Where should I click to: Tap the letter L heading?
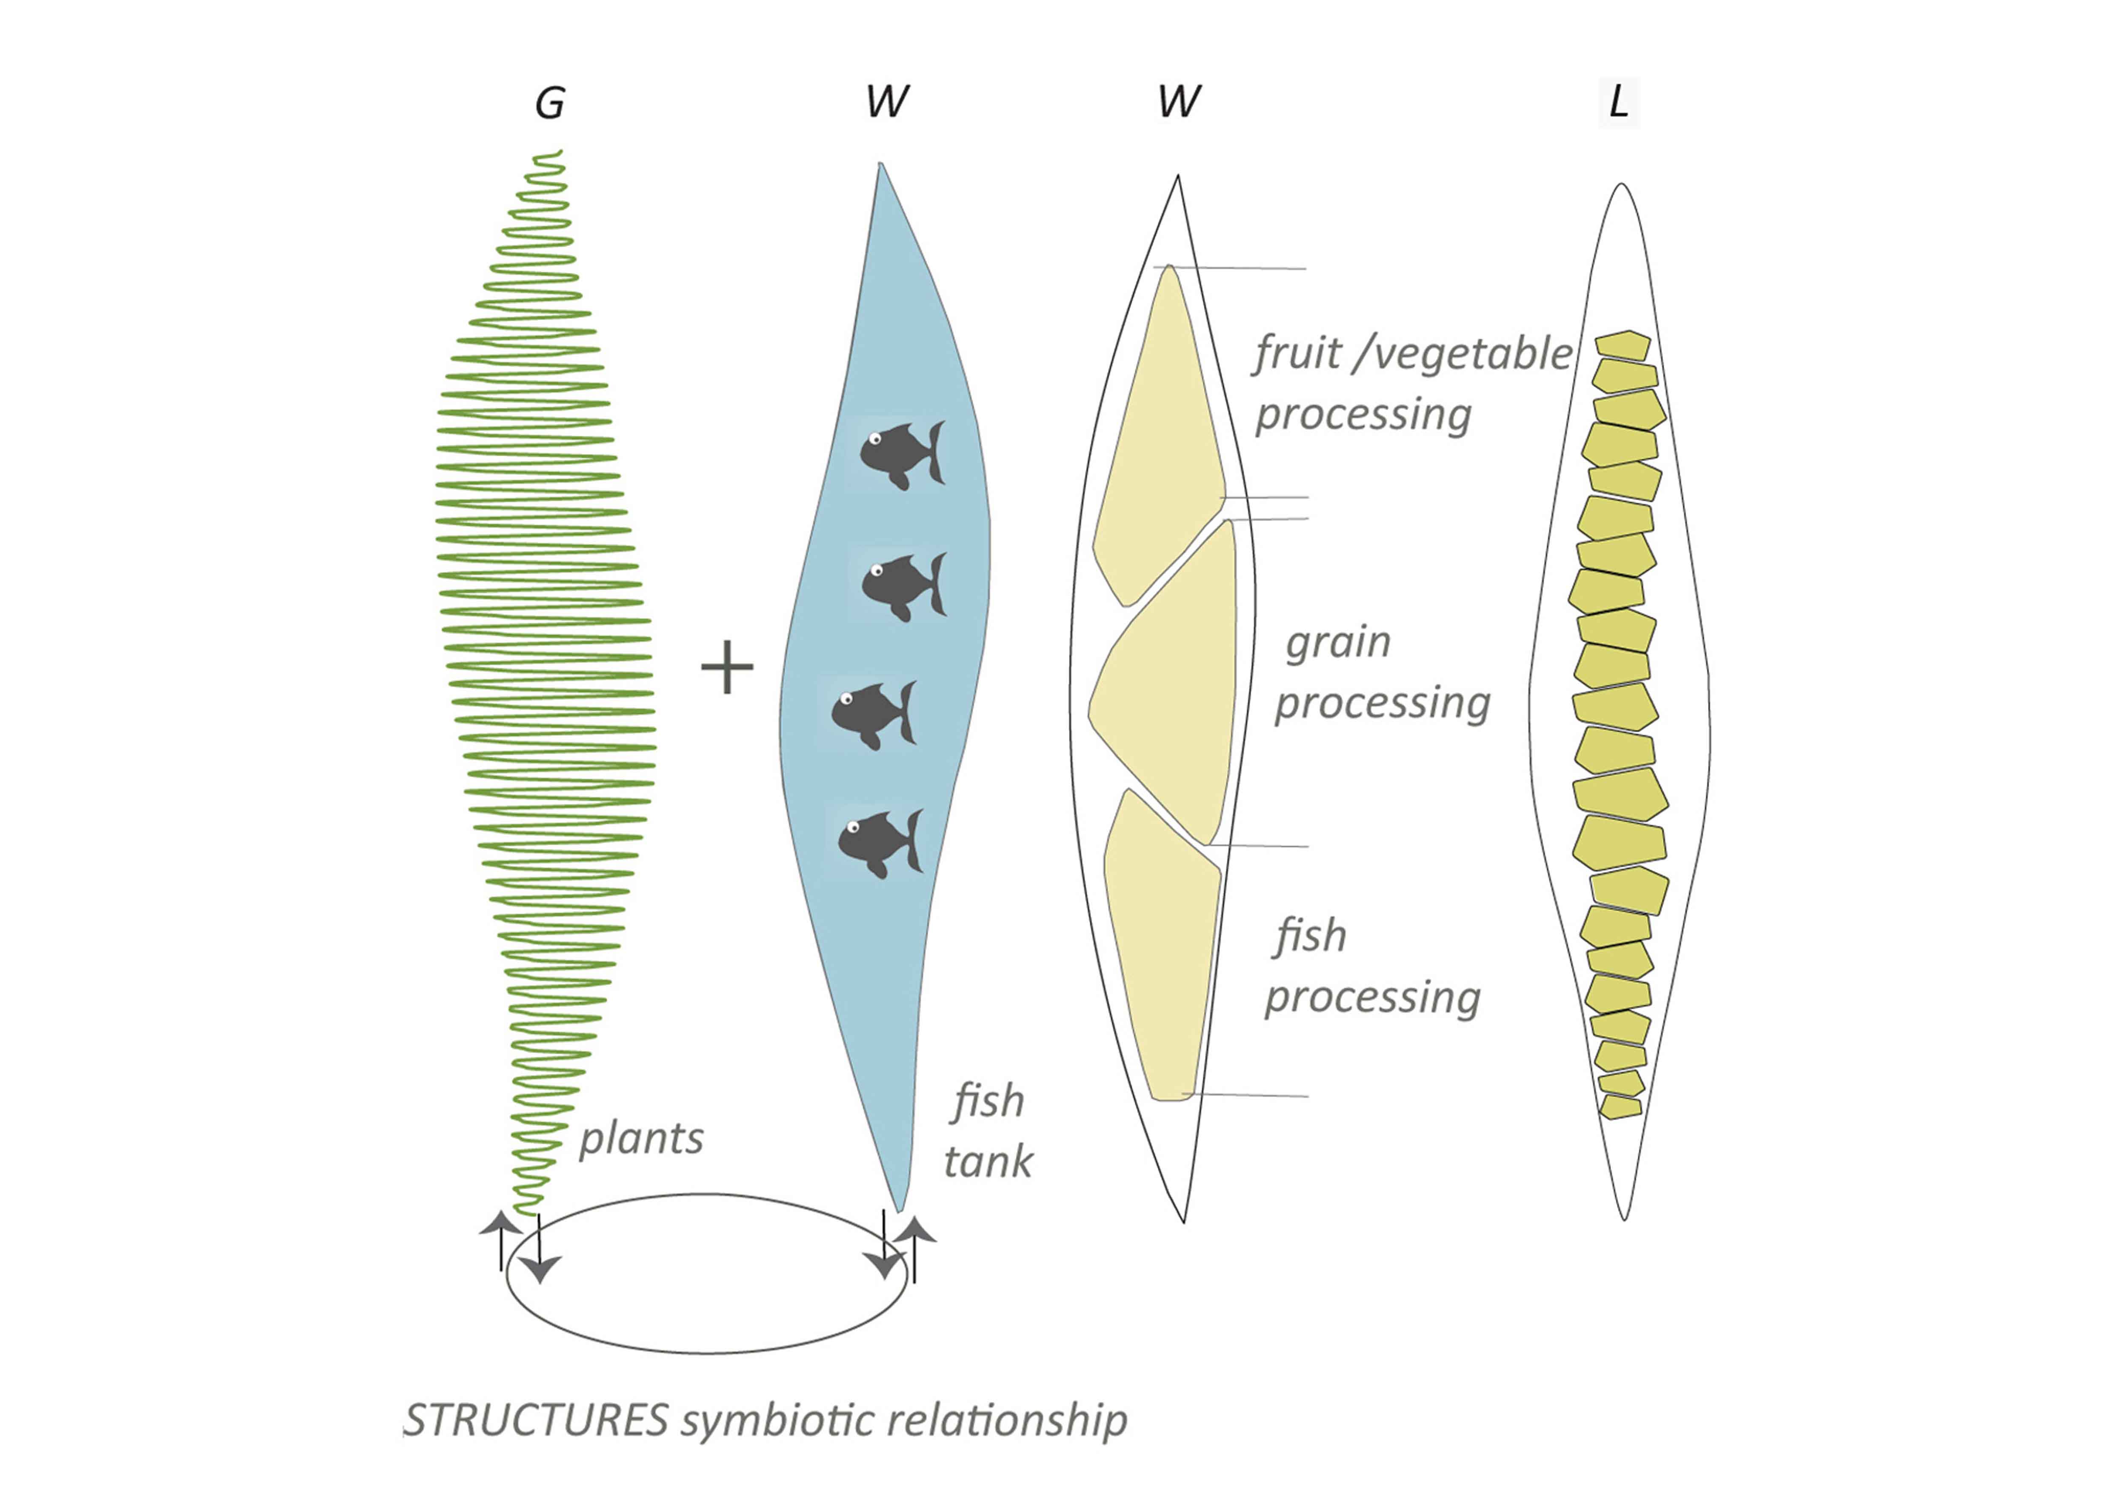click(1618, 101)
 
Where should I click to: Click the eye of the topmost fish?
click(875, 438)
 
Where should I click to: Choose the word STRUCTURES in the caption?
click(537, 1420)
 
